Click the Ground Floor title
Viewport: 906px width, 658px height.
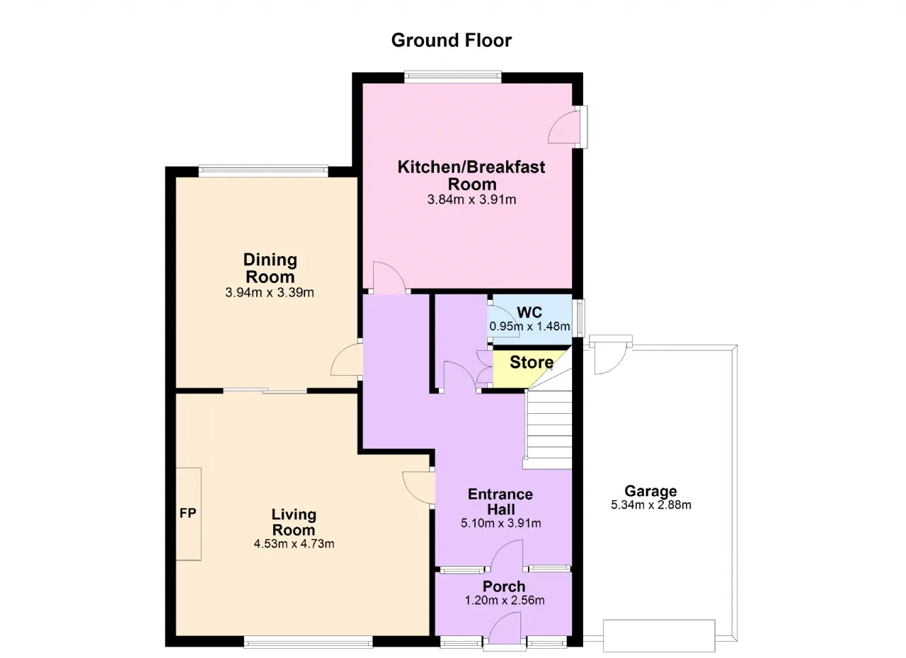click(x=452, y=40)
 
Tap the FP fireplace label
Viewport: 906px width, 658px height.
click(x=188, y=513)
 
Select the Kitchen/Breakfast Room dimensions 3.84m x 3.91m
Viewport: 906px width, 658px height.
click(x=471, y=200)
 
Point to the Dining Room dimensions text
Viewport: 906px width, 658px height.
click(x=270, y=292)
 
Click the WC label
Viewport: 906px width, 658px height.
click(x=529, y=313)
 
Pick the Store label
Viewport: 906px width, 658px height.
click(x=532, y=362)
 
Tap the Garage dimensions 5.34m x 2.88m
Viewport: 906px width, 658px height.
click(x=650, y=504)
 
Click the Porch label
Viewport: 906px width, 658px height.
click(x=504, y=587)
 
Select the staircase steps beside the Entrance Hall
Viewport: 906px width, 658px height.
click(x=548, y=429)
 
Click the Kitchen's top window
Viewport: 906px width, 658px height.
click(x=453, y=77)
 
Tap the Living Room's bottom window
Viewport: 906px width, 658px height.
click(x=308, y=642)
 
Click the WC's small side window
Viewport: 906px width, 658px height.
click(x=580, y=318)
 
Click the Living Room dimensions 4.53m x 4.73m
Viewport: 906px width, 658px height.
click(x=294, y=544)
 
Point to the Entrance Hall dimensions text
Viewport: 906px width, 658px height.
click(x=500, y=524)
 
